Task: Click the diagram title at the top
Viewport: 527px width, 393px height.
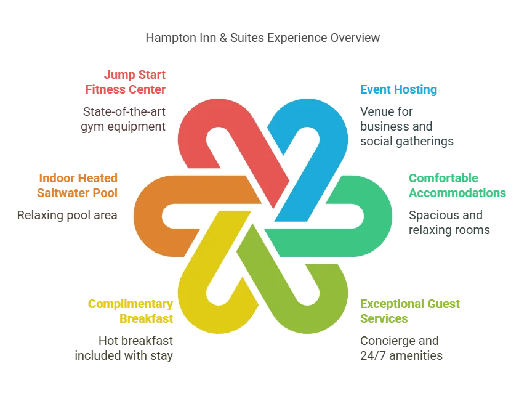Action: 263,38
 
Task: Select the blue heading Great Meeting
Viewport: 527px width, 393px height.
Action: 398,89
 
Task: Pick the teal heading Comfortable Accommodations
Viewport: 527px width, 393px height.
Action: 457,185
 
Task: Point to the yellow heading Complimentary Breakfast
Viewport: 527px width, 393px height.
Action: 131,312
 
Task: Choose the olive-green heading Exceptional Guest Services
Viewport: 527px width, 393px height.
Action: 411,312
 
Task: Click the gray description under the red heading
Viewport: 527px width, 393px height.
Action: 123,120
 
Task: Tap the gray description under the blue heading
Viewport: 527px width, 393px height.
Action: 408,127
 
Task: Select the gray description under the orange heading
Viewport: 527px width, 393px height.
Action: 66,216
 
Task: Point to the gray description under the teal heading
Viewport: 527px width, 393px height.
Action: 450,223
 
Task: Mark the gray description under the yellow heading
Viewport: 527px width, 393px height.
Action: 126,347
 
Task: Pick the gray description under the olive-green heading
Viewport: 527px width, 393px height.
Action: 401,347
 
